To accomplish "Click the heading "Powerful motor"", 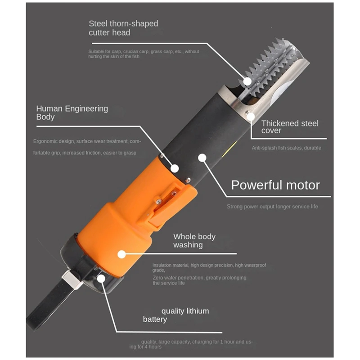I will tap(275, 185).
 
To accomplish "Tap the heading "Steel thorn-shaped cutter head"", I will tap(123, 28).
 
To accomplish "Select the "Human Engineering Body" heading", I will tap(72, 112).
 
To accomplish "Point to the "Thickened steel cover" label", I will tap(290, 126).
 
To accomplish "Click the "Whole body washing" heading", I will tap(194, 241).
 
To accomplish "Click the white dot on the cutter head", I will tap(248, 81).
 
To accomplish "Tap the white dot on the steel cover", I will tap(250, 116).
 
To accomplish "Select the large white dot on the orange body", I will tap(121, 254).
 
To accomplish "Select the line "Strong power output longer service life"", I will tap(272, 207).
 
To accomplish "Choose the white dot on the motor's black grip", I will tap(202, 157).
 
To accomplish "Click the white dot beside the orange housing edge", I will tap(175, 169).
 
